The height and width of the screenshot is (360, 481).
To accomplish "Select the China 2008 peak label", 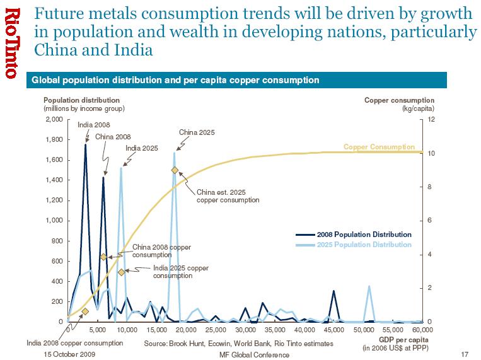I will (x=113, y=136).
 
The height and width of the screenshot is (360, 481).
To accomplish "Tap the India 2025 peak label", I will (x=141, y=148).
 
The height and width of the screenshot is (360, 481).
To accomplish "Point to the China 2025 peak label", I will (x=197, y=132).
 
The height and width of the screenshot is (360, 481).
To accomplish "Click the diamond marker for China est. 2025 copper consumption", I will (x=175, y=170).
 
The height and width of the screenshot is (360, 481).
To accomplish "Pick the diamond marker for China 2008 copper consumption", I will (x=103, y=257).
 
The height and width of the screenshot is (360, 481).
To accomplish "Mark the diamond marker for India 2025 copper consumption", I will (x=121, y=272).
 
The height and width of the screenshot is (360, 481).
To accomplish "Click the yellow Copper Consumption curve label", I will (x=379, y=147).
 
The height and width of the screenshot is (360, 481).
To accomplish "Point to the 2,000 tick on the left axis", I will (x=54, y=119).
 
